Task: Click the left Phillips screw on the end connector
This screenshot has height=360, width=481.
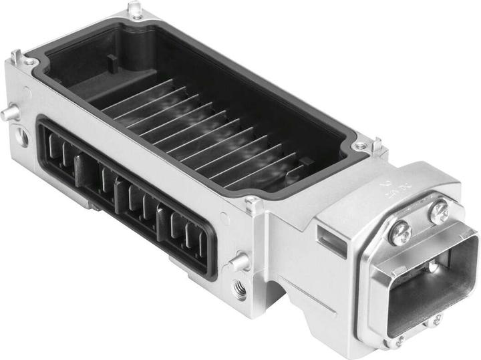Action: tap(399, 233)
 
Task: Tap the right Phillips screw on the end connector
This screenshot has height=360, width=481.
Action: tap(440, 213)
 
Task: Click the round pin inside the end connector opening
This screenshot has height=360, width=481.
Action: tap(434, 267)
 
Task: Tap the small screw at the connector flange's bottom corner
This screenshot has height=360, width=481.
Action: tap(399, 341)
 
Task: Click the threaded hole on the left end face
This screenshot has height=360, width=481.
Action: tap(22, 138)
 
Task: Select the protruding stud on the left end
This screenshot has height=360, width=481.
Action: tap(9, 114)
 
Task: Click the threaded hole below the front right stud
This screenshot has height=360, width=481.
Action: tap(239, 290)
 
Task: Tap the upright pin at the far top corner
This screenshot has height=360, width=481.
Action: tap(136, 9)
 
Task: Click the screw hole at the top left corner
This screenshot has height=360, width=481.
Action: tap(31, 62)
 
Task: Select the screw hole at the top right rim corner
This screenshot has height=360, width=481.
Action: tap(361, 145)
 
